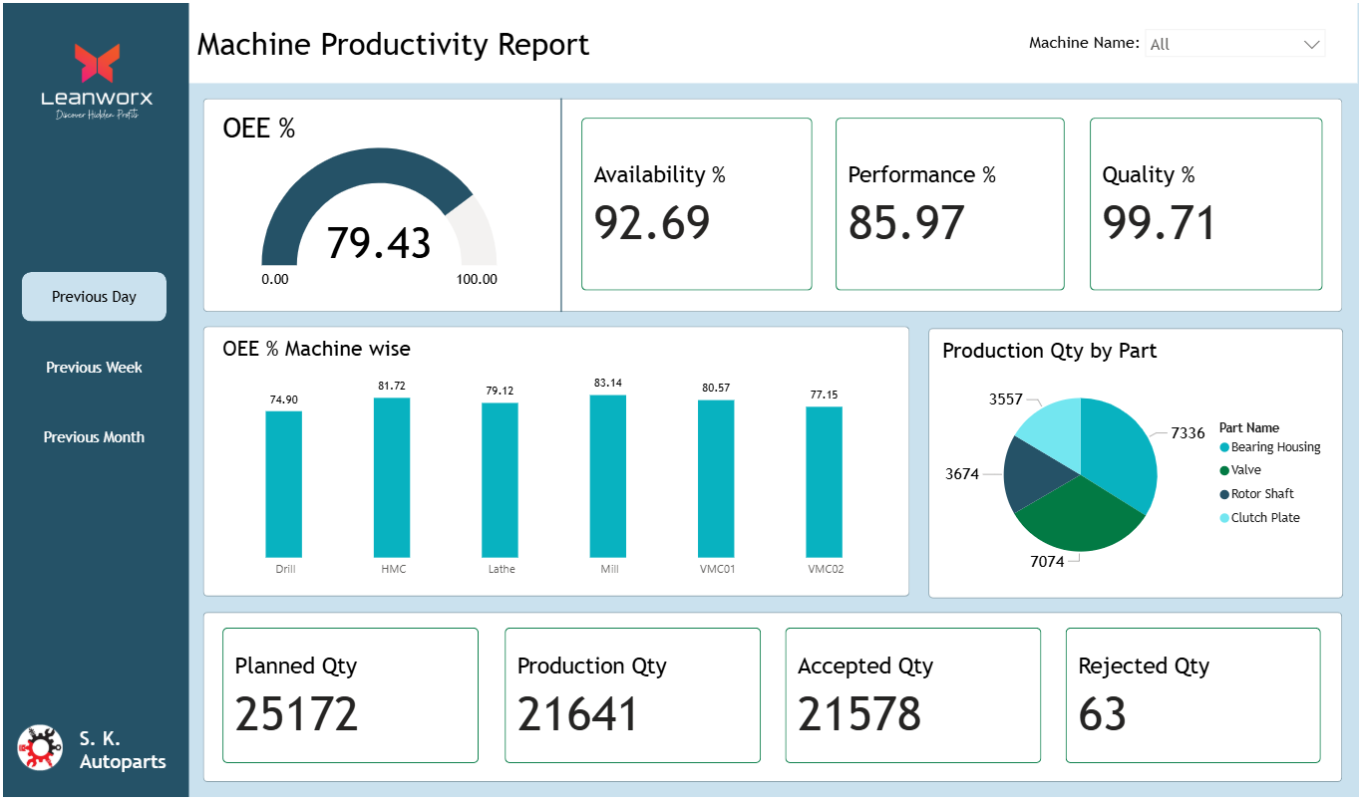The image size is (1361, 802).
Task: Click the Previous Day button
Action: pos(94,297)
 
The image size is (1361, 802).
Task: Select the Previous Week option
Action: pos(94,368)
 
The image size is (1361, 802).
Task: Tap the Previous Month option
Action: pos(94,437)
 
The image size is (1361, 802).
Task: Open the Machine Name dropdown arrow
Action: pos(1311,44)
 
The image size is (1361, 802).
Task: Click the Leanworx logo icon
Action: pos(97,63)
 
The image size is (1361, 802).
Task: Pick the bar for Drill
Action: pos(284,484)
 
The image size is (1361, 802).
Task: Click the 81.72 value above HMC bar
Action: pos(392,386)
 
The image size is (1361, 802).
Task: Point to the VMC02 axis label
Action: pos(826,569)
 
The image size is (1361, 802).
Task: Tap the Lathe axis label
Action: pos(501,569)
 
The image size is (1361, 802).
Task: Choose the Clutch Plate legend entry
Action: pos(1264,518)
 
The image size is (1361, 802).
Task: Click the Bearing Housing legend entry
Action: pos(1274,447)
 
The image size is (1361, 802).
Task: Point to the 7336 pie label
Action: pos(1188,433)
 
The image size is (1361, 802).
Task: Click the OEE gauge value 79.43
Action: pos(379,243)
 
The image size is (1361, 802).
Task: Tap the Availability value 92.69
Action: pos(652,223)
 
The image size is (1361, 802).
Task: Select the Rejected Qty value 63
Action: pos(1102,714)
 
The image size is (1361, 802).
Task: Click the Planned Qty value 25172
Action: pos(296,714)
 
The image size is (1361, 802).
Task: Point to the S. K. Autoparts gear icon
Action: pos(40,747)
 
